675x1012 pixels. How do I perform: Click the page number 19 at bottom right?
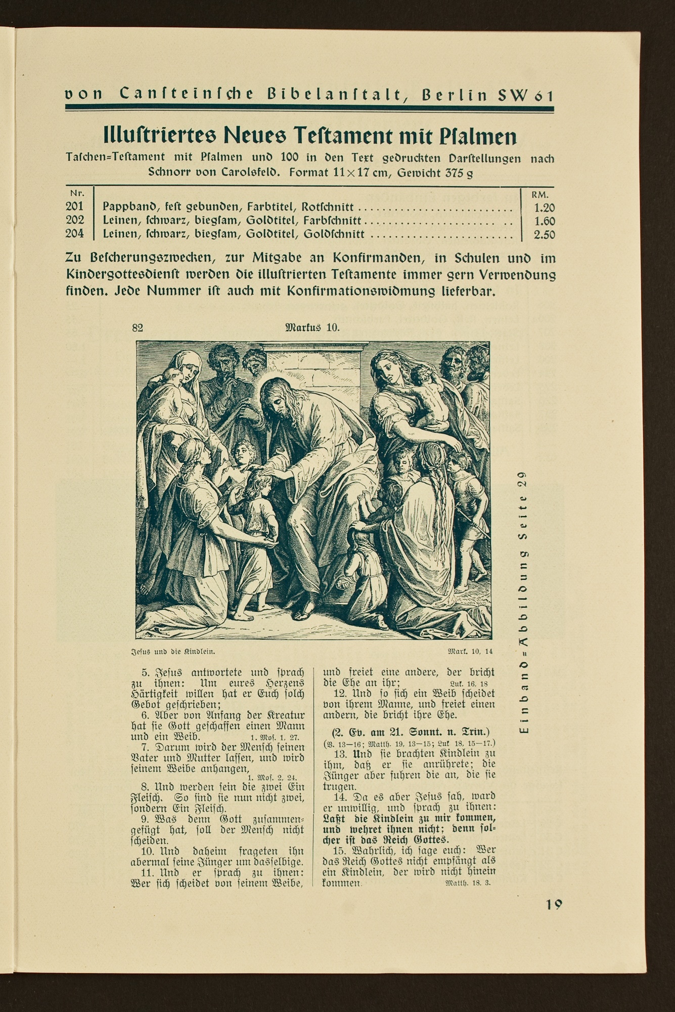[x=554, y=905]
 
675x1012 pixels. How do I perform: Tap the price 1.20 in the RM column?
[x=544, y=207]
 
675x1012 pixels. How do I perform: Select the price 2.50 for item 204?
[x=544, y=235]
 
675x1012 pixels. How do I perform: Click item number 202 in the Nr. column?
[x=74, y=221]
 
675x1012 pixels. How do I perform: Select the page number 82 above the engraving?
[x=138, y=327]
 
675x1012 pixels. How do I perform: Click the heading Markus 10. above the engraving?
[x=312, y=327]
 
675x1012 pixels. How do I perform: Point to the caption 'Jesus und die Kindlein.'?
[x=170, y=652]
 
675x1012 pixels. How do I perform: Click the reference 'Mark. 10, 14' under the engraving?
[x=470, y=651]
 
